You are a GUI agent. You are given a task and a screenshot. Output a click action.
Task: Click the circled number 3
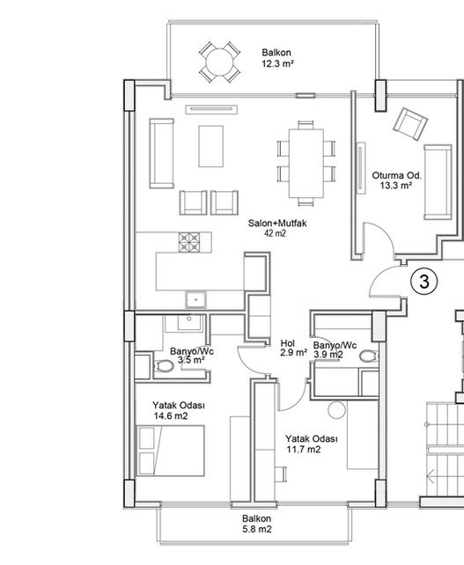coord(424,281)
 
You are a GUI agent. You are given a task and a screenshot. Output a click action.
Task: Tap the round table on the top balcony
coord(219,62)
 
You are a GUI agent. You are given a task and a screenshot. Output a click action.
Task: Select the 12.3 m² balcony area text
coord(276,64)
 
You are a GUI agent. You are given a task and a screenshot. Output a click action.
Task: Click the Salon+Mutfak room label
coord(277,223)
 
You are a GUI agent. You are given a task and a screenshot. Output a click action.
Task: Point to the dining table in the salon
coord(306,163)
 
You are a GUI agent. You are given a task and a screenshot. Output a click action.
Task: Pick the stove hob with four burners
coord(189,242)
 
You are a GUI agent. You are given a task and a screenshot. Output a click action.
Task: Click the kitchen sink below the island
coord(195,299)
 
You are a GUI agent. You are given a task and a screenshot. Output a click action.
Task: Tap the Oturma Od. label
coord(396,176)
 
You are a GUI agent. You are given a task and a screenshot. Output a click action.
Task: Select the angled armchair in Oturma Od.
coord(410,124)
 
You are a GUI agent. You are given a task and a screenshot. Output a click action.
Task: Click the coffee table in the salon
coord(210,146)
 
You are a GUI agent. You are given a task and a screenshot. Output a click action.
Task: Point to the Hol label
coord(288,343)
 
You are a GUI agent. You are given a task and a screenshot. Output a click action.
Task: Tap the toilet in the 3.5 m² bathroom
coord(164,366)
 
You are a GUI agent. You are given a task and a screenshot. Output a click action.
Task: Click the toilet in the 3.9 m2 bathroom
coord(369,356)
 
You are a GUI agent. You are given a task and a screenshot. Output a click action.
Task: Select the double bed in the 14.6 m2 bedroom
coord(170,451)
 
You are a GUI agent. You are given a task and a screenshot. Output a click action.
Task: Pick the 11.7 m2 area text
coord(304,450)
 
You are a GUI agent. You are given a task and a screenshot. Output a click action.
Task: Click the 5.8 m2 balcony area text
coord(257,529)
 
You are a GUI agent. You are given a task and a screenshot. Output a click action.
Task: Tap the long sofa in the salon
coord(161,153)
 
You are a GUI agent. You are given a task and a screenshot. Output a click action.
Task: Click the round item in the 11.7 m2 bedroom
coord(336,410)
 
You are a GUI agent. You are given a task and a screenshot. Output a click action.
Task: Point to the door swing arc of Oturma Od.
coord(386,232)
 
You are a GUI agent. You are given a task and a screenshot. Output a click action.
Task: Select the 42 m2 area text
coord(275,233)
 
